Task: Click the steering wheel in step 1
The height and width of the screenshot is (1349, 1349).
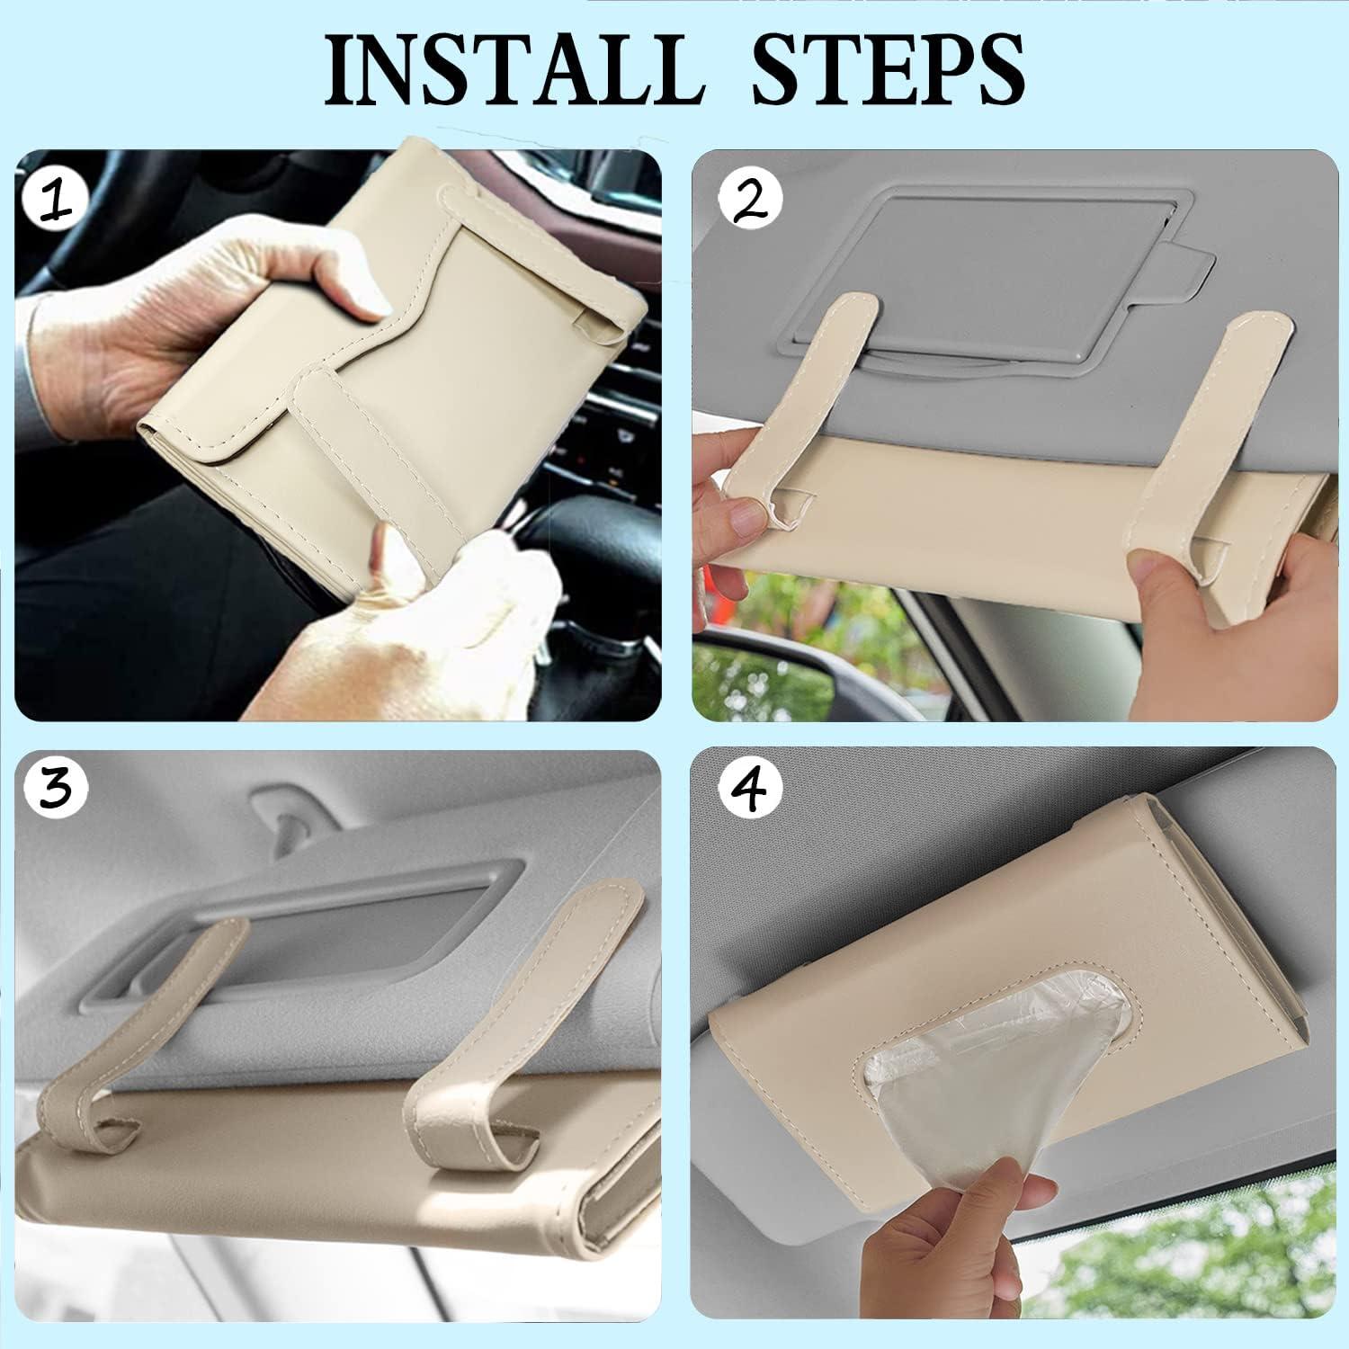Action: click(540, 540)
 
